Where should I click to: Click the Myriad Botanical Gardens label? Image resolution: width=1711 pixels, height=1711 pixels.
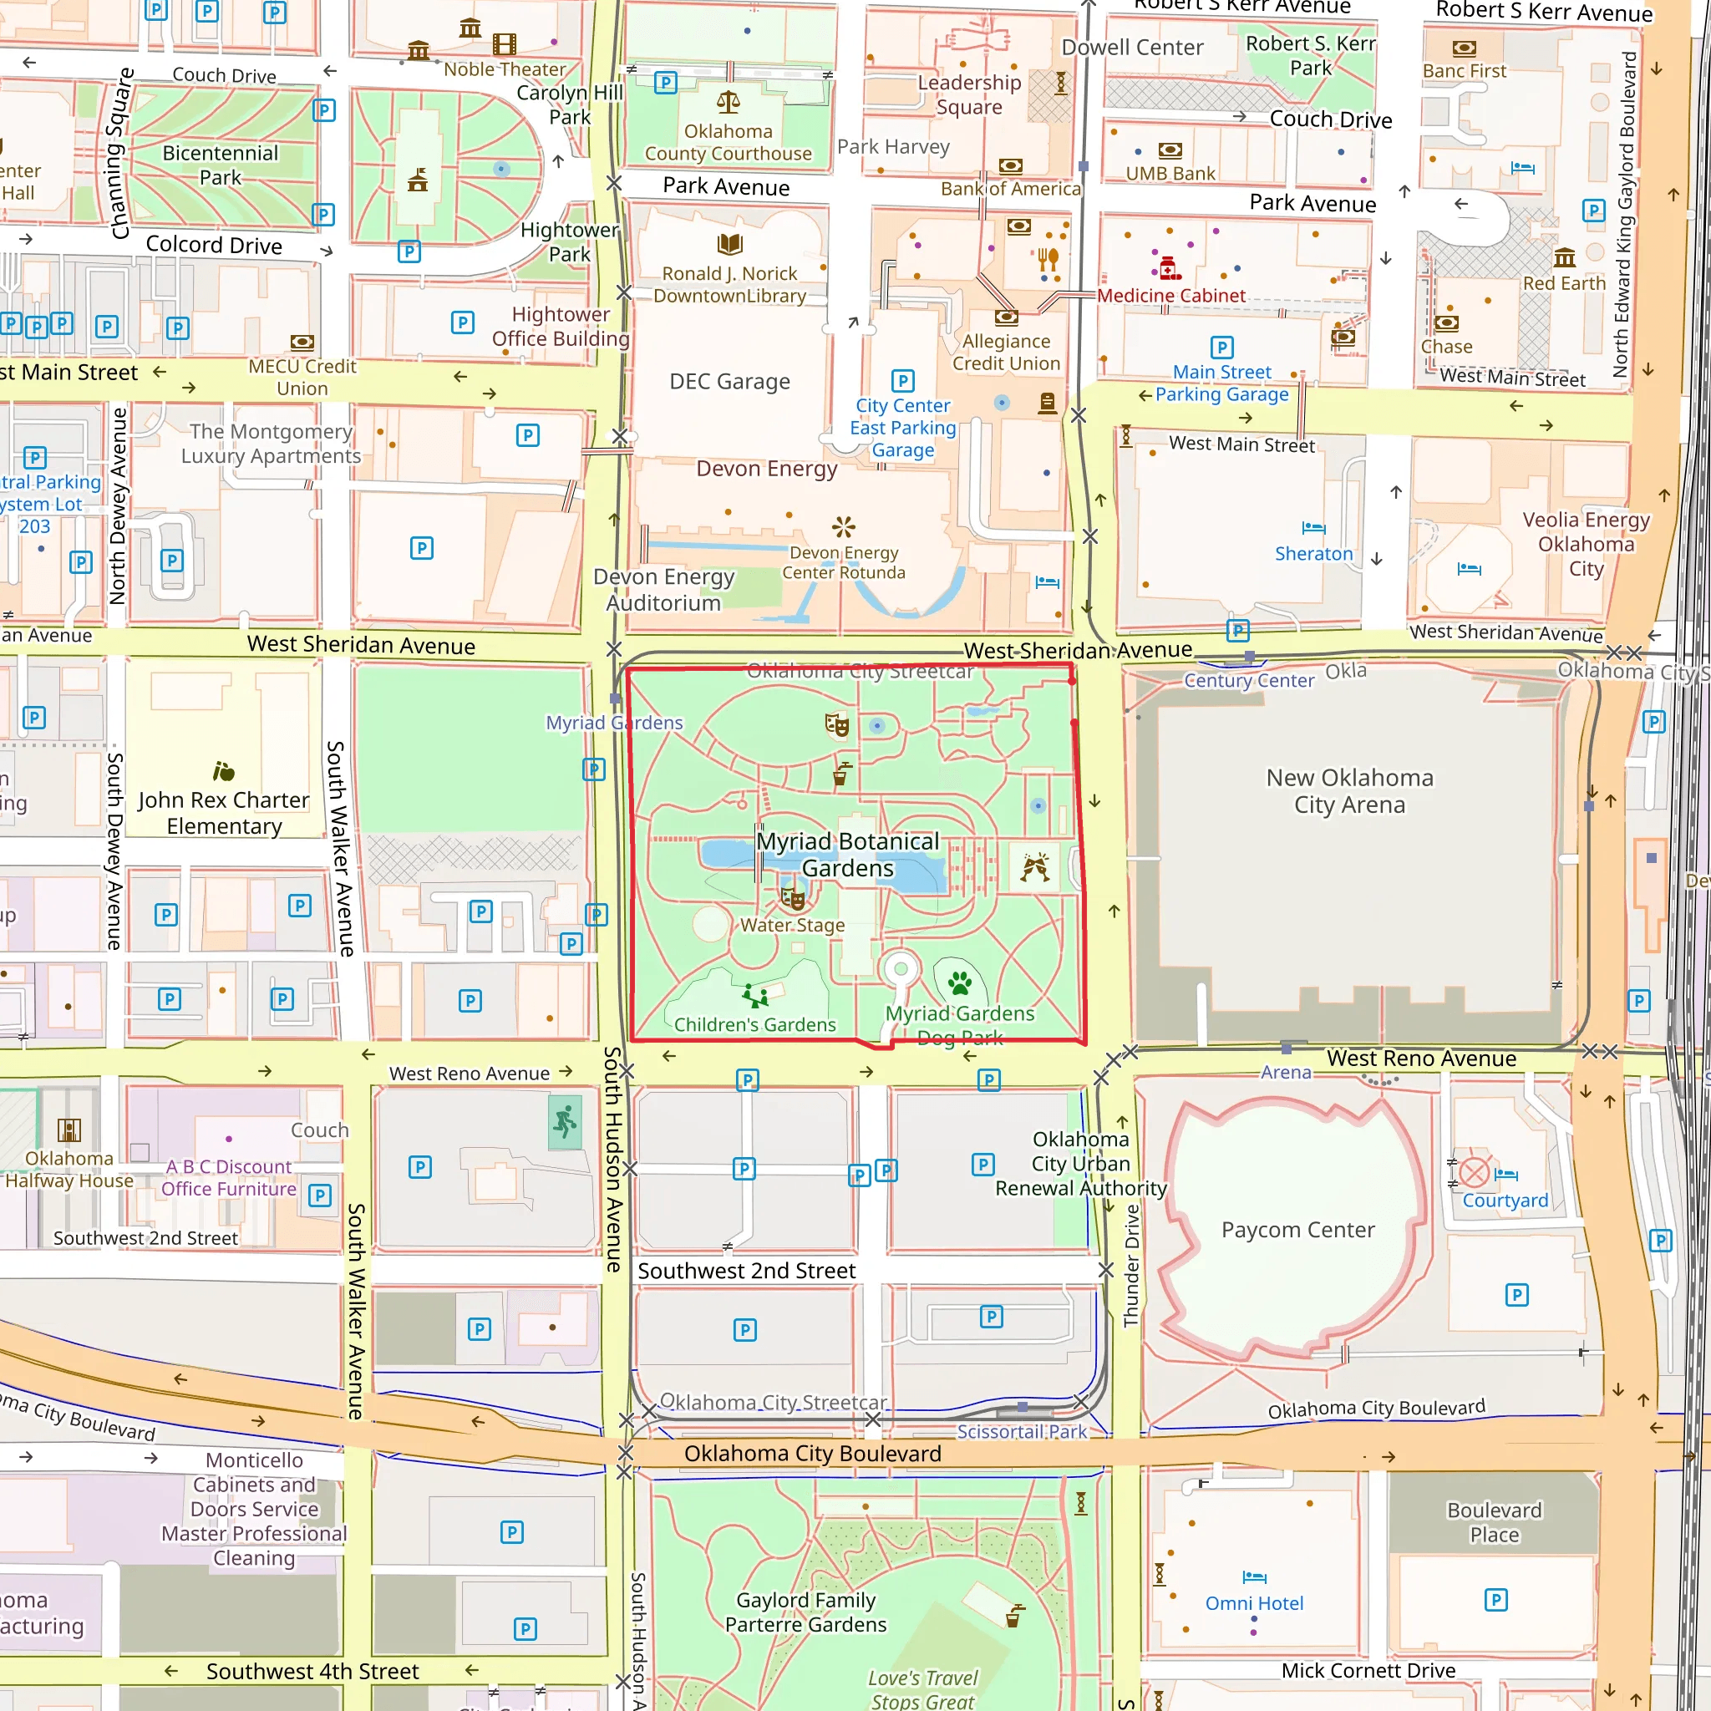[x=847, y=855]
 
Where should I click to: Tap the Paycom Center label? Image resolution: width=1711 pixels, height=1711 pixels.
[x=1297, y=1229]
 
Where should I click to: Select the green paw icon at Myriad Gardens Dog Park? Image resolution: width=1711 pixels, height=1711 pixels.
[x=959, y=982]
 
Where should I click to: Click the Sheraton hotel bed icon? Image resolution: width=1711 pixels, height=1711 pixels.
[x=1313, y=528]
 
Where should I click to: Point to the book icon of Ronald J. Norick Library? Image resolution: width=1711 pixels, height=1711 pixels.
[x=729, y=244]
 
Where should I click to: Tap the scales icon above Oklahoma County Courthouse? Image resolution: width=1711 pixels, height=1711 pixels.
[x=728, y=102]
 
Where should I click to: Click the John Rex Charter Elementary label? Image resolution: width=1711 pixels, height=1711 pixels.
[x=224, y=813]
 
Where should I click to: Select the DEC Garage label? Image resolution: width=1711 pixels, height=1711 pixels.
[x=729, y=382]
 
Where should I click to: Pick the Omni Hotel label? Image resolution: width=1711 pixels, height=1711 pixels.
[x=1254, y=1603]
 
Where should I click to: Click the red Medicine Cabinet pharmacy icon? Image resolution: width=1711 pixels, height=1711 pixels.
[x=1168, y=267]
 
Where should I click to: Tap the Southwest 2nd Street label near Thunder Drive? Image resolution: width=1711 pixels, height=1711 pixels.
[x=747, y=1271]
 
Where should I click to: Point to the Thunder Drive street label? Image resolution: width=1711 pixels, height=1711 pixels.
[x=1131, y=1266]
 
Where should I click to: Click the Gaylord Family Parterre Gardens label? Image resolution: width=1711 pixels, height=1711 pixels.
[x=805, y=1612]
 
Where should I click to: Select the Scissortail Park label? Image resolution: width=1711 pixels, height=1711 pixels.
[x=1021, y=1431]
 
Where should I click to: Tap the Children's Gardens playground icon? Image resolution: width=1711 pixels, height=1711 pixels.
[x=754, y=995]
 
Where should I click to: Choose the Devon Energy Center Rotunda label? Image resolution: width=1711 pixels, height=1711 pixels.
[x=843, y=562]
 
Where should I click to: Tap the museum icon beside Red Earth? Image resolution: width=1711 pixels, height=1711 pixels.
[x=1564, y=257]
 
